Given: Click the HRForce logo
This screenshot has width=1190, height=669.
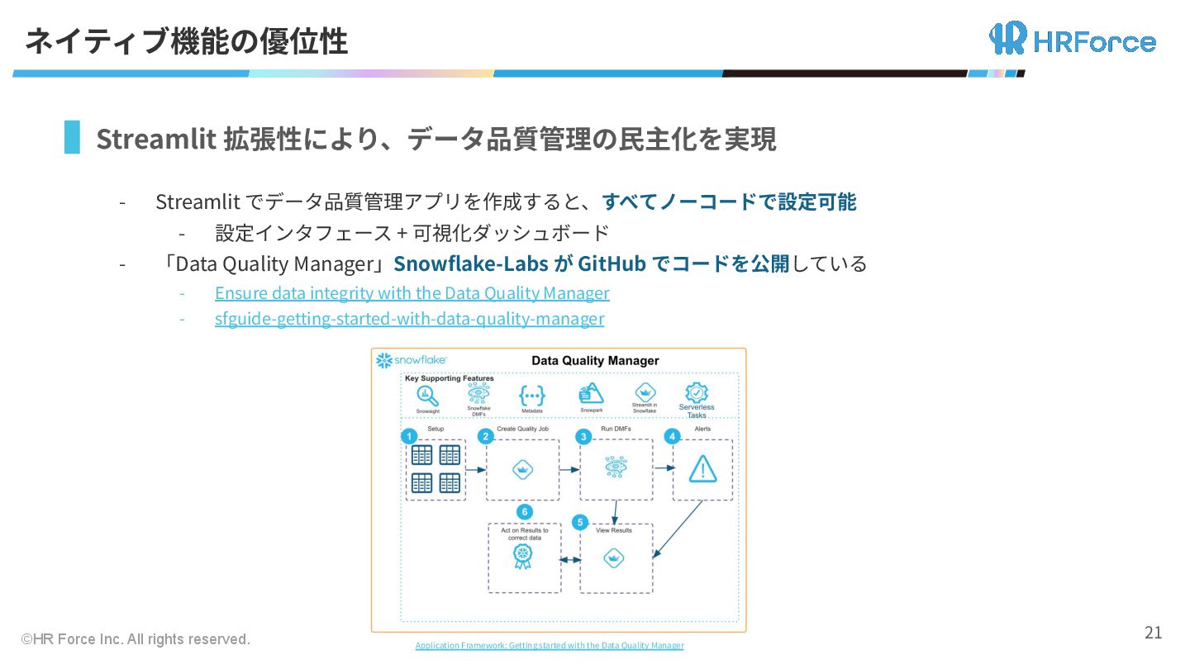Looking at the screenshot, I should (x=1072, y=39).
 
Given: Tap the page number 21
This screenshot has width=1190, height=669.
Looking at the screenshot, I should (x=1153, y=633).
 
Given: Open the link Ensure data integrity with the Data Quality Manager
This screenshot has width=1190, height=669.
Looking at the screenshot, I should (x=412, y=293).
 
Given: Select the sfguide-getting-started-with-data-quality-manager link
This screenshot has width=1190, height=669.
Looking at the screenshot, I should (x=409, y=319).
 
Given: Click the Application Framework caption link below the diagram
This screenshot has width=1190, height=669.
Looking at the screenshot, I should (x=550, y=645).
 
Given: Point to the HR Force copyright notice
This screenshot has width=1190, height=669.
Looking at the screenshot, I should (x=136, y=639).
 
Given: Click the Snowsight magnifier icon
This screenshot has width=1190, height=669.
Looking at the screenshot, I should (x=427, y=396).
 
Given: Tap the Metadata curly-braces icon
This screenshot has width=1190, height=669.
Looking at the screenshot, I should (x=531, y=395).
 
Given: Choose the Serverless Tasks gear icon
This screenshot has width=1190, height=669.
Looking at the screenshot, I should (x=697, y=392).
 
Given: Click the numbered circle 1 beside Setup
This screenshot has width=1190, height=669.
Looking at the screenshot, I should (x=407, y=435).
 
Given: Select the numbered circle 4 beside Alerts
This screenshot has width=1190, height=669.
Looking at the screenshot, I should (x=673, y=435).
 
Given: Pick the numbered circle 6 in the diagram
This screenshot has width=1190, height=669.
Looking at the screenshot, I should (x=523, y=512).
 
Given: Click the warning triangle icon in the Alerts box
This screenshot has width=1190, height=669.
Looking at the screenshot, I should (x=702, y=469).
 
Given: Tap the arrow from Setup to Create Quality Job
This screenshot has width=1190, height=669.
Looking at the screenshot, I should (x=475, y=470).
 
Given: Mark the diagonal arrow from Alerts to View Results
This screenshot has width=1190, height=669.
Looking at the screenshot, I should (x=678, y=529).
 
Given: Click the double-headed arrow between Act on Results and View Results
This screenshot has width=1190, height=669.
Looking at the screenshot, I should (x=570, y=560).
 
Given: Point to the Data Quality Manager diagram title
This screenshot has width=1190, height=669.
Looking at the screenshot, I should (x=595, y=361).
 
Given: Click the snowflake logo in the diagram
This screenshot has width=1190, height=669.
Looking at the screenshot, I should (x=412, y=361).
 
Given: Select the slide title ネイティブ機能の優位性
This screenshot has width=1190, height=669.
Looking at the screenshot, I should (x=186, y=41).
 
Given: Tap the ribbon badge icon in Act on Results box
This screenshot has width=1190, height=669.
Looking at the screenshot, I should (x=521, y=556).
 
